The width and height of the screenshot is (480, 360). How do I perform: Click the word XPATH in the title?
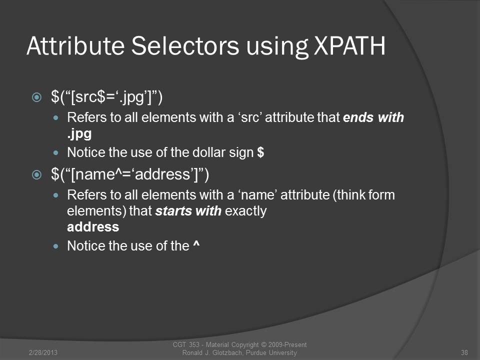click(349, 46)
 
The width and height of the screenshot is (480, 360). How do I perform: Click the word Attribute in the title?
click(75, 46)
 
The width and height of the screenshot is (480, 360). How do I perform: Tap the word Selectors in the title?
click(185, 46)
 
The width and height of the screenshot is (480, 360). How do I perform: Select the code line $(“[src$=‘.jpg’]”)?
click(107, 97)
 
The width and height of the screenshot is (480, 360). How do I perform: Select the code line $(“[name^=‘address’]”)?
click(130, 174)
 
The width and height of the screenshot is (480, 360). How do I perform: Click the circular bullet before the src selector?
click(36, 97)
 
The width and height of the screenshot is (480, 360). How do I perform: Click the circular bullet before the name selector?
click(36, 175)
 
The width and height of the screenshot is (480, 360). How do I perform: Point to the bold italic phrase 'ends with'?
click(373, 117)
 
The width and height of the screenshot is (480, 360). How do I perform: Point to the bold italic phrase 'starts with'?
click(188, 210)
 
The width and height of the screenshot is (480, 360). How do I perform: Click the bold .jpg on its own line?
click(79, 134)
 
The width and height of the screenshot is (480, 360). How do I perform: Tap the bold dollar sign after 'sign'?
click(260, 152)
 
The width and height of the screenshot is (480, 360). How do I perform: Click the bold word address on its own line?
click(93, 227)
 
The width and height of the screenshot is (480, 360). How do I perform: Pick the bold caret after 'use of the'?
click(196, 244)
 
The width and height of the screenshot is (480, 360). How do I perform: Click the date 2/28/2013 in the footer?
click(43, 352)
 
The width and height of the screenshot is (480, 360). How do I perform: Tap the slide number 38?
click(464, 352)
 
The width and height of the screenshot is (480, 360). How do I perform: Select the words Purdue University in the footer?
click(271, 352)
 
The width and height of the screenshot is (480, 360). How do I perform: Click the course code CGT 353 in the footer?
click(186, 344)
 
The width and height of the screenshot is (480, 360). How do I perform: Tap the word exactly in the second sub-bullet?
click(246, 211)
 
